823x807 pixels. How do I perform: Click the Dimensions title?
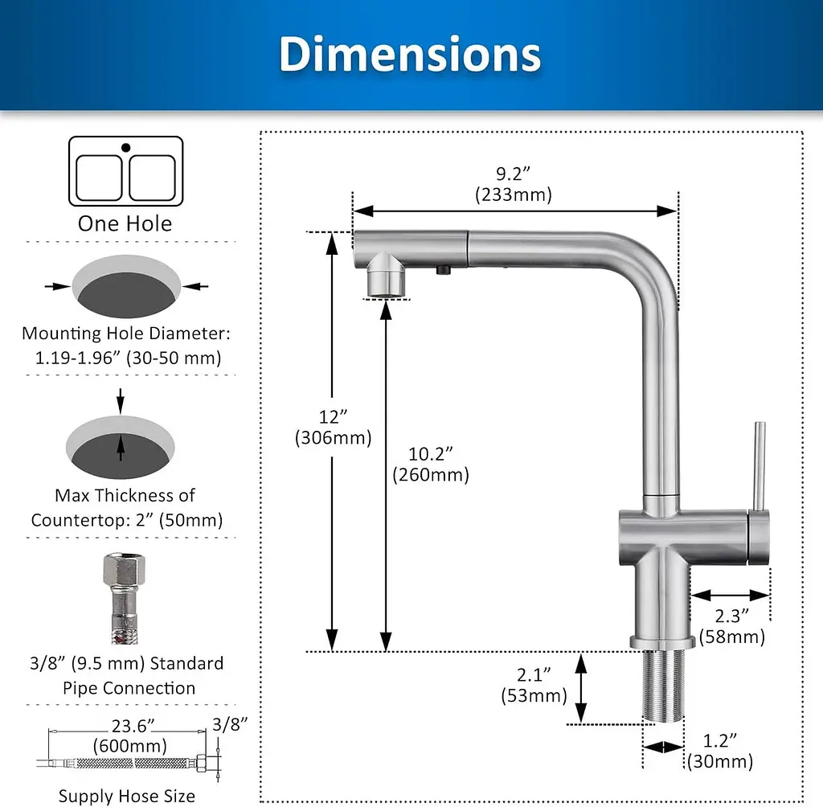(410, 54)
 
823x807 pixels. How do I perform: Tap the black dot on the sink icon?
(126, 148)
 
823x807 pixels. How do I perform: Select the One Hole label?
(125, 223)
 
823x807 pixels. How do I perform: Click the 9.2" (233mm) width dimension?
(514, 184)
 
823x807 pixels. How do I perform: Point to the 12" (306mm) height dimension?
(334, 428)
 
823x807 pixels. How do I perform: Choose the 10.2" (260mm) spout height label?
(431, 464)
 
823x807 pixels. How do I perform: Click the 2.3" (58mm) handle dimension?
(732, 626)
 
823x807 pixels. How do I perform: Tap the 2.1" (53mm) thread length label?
(534, 685)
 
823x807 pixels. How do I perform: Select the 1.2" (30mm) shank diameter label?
(720, 751)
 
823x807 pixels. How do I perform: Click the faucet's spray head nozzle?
(386, 275)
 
